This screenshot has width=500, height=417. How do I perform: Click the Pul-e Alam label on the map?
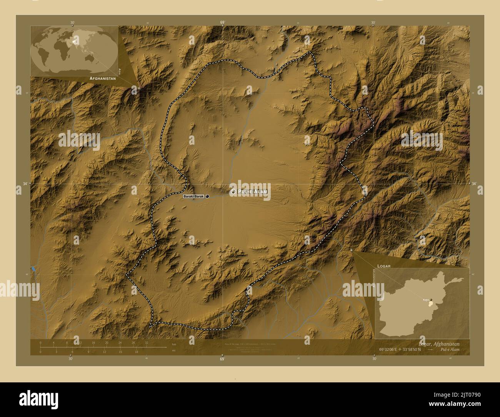click(252, 192)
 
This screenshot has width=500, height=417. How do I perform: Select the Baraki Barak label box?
click(193, 197)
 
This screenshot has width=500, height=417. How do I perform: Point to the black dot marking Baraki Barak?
click(207, 197)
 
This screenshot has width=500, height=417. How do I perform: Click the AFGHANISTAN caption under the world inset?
click(102, 78)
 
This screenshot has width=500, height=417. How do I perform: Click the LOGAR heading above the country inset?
click(384, 266)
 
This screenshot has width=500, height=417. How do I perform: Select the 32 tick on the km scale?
click(147, 342)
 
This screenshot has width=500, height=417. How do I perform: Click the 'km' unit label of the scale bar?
click(174, 344)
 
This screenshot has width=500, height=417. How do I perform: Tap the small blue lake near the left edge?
click(33, 269)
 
